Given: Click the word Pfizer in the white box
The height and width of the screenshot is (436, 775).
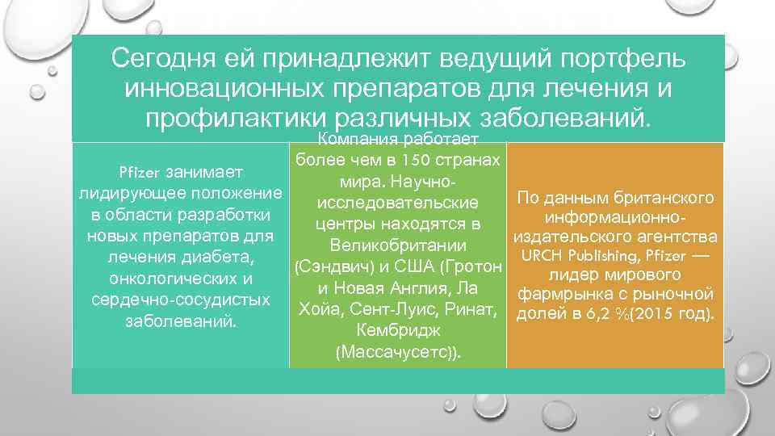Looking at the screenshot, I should [x=140, y=172].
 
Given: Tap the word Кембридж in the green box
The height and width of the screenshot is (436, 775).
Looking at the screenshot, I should [x=398, y=331].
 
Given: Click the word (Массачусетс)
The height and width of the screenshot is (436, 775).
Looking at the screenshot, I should [x=398, y=353].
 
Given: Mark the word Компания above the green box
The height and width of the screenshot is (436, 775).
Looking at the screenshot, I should [x=357, y=139].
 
